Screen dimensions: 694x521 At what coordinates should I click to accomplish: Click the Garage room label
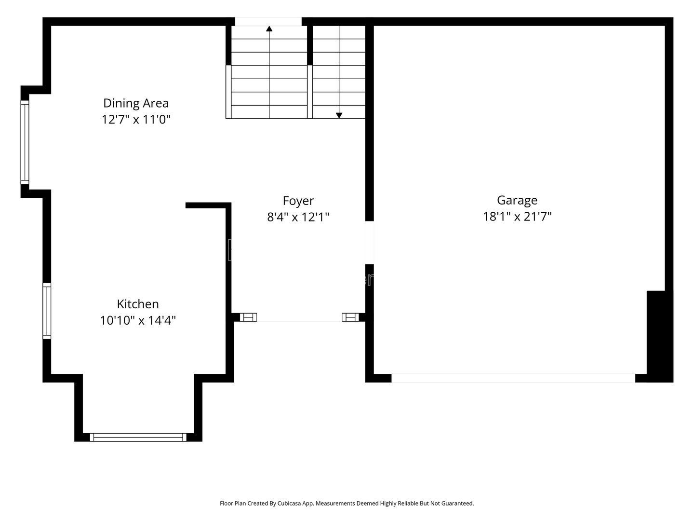click(517, 200)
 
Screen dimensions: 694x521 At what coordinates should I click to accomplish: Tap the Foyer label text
click(298, 201)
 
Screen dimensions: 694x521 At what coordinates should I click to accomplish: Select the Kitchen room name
click(138, 304)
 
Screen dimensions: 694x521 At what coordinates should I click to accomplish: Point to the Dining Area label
click(136, 103)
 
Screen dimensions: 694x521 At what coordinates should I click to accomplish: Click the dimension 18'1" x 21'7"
click(517, 217)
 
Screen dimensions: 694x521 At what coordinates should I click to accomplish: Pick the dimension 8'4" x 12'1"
click(298, 217)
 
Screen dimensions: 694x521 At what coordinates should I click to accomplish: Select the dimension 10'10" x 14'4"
click(138, 320)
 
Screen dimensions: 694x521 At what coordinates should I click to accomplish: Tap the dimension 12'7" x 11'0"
click(136, 120)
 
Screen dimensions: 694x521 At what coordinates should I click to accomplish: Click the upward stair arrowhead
click(269, 29)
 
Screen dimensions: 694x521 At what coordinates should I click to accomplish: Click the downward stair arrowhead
click(339, 115)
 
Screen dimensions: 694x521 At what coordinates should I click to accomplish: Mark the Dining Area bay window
click(25, 142)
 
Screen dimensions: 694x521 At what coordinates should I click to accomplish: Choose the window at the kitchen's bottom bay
click(138, 437)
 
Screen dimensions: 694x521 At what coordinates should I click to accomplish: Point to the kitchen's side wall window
click(47, 311)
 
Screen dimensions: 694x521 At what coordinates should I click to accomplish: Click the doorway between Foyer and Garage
click(369, 242)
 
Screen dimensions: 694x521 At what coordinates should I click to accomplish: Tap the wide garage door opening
click(513, 378)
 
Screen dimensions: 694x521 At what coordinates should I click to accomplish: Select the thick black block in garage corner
click(659, 336)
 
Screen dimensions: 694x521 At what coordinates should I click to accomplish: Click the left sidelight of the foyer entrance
click(248, 317)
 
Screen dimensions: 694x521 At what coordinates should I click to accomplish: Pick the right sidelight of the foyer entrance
click(350, 317)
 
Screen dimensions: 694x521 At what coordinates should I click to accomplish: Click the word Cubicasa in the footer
click(289, 503)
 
